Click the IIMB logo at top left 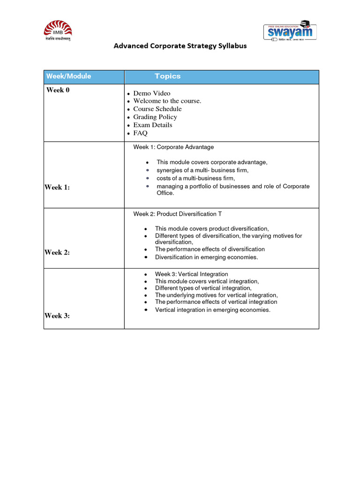[58, 31]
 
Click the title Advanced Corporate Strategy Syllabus [180, 46]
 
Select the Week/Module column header [68, 76]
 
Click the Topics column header [167, 76]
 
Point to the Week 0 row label [58, 90]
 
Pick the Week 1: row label [57, 187]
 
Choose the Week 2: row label [57, 252]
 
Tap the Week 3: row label [57, 315]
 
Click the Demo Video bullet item [152, 93]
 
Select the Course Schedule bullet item [157, 109]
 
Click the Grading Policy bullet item [155, 117]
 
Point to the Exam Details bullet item [153, 125]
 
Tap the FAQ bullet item [140, 133]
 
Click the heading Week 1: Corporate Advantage [173, 147]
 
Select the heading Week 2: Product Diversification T [178, 214]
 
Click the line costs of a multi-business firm [195, 179]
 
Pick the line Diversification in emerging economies [206, 257]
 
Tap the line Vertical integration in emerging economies [213, 310]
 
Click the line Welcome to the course [167, 101]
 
